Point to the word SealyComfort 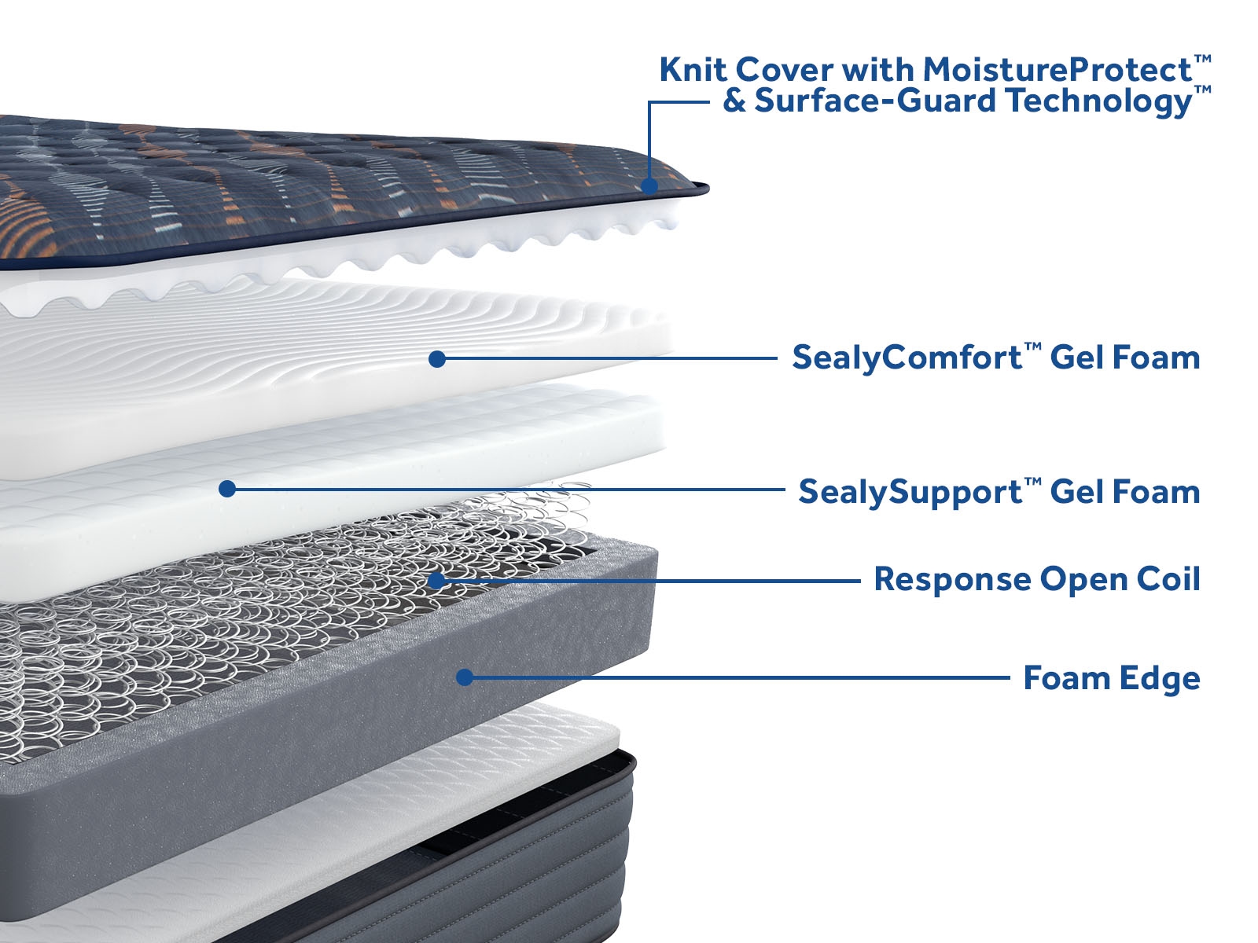(907, 358)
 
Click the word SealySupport (910, 493)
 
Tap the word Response (952, 580)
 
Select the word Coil (1168, 580)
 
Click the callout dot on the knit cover (649, 186)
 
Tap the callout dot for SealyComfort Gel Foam (438, 359)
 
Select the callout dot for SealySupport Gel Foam (227, 489)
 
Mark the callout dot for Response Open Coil (436, 581)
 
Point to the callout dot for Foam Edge (465, 677)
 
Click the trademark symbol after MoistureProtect (1202, 59)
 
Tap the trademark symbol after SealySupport (1033, 481)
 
